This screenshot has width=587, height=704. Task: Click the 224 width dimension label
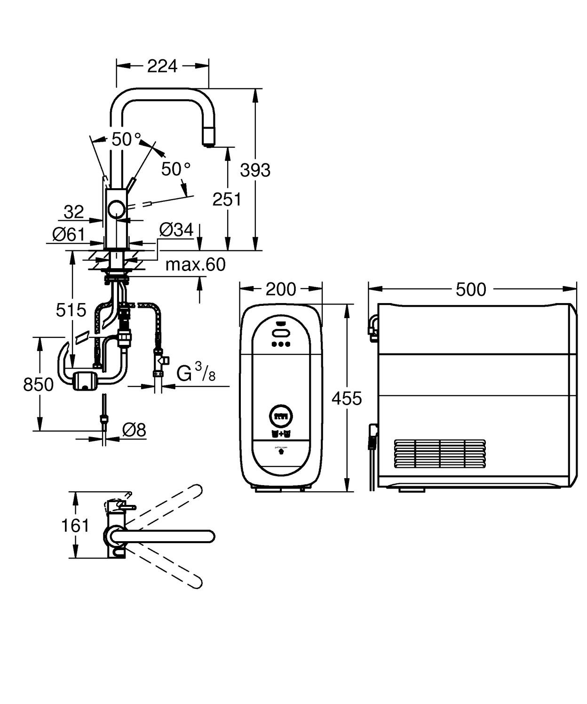(x=162, y=66)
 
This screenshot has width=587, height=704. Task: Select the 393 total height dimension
(x=255, y=170)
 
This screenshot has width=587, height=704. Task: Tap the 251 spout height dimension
(x=227, y=199)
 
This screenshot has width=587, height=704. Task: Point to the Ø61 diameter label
(x=68, y=234)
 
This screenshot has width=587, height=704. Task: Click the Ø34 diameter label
(x=176, y=230)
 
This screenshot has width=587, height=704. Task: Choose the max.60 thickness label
(x=195, y=264)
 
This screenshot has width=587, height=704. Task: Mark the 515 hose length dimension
(x=71, y=310)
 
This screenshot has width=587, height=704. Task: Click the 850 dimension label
(x=39, y=384)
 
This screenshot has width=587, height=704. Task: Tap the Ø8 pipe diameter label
(x=134, y=429)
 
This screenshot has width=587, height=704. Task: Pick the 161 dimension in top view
(x=75, y=525)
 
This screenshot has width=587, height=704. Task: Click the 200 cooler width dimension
(x=281, y=289)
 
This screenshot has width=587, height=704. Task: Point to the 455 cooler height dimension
(x=347, y=398)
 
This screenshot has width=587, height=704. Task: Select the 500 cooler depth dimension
(x=471, y=289)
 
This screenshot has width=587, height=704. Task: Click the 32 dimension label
(x=73, y=212)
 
